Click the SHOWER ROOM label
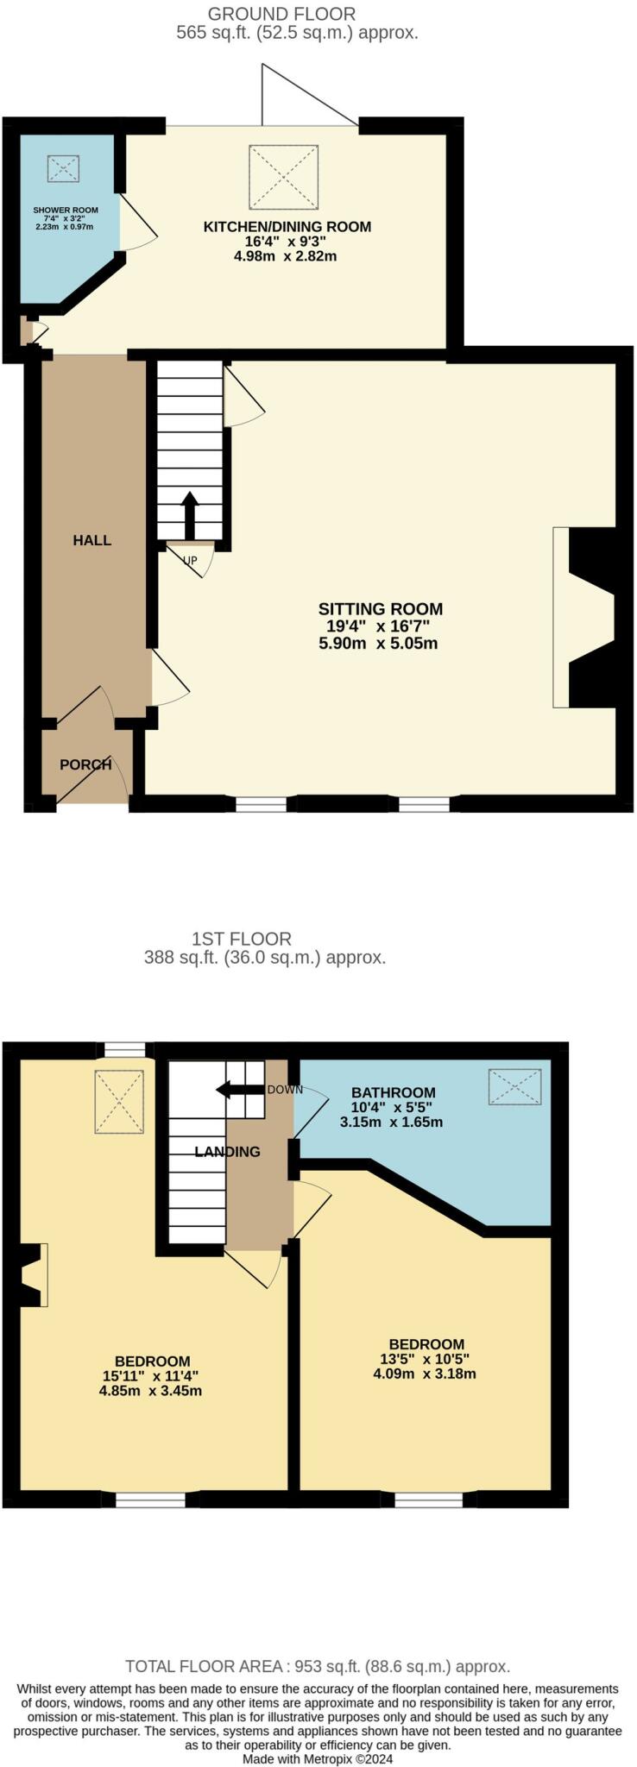click(x=66, y=210)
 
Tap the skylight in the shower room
click(x=63, y=168)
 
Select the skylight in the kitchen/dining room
click(x=283, y=177)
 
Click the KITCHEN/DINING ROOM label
click(x=287, y=227)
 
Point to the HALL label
click(x=92, y=540)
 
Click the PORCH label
click(x=85, y=764)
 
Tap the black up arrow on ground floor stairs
click(x=190, y=515)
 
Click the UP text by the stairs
click(x=190, y=560)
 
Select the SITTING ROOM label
click(x=380, y=609)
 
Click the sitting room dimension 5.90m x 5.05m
click(x=380, y=644)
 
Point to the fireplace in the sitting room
click(x=587, y=617)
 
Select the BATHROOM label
click(x=393, y=1092)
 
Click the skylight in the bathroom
click(x=515, y=1086)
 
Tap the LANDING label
click(x=227, y=1152)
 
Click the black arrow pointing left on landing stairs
click(x=239, y=1089)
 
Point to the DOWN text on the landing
click(x=285, y=1089)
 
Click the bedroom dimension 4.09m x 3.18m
click(x=425, y=1374)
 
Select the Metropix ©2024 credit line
click(x=318, y=1758)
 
